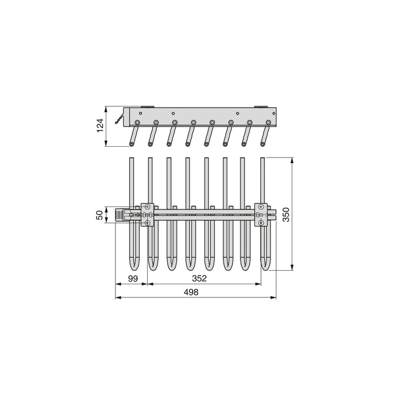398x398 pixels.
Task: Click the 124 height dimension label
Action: click(99, 126)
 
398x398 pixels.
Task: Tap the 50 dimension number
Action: click(99, 215)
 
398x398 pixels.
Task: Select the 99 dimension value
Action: click(132, 279)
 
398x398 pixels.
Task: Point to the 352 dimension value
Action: click(198, 279)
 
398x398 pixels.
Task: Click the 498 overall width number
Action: click(192, 292)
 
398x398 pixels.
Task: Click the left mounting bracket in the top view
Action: click(148, 215)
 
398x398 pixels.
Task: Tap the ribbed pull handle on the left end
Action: click(120, 215)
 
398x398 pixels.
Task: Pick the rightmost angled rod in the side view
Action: click(264, 136)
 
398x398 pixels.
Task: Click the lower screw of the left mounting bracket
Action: click(148, 223)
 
